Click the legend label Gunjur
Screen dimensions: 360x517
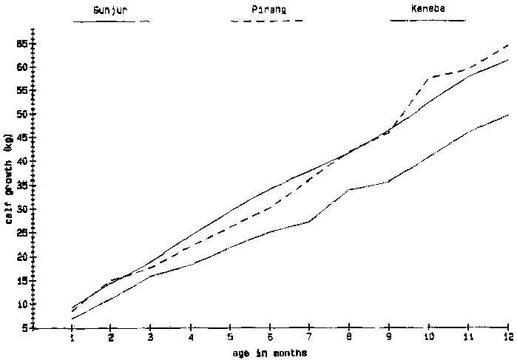point(109,11)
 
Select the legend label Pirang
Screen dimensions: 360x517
point(268,10)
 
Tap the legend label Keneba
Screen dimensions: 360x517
point(428,10)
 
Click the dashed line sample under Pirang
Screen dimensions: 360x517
point(267,21)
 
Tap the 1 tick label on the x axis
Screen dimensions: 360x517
point(72,337)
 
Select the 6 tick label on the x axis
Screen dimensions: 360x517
point(271,337)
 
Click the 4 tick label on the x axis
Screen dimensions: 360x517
point(192,337)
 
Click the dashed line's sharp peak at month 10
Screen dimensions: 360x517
point(429,77)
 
